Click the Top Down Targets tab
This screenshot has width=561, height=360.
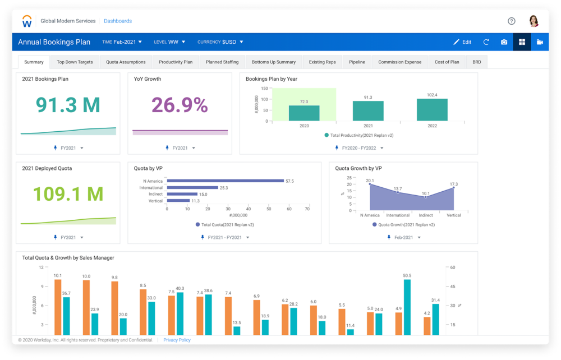tap(75, 62)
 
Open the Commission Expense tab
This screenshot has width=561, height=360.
tap(399, 62)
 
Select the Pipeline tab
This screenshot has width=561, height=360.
tap(357, 62)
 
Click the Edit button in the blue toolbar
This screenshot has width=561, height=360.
tap(462, 42)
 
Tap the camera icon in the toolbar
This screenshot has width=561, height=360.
tap(504, 42)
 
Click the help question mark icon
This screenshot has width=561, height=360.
tap(511, 21)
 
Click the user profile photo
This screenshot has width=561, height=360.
tap(534, 21)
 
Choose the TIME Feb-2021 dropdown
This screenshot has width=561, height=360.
tap(122, 42)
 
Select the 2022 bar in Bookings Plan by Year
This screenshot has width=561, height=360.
tap(432, 110)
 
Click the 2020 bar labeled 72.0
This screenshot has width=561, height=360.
tap(304, 113)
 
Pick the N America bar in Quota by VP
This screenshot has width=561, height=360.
tap(225, 181)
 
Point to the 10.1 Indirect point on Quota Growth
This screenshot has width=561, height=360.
tap(426, 197)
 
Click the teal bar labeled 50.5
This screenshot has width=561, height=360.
tap(407, 307)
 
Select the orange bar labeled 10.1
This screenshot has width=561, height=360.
tap(58, 307)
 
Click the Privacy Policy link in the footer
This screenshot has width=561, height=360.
tap(177, 340)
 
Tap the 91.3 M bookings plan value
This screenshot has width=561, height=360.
tap(67, 105)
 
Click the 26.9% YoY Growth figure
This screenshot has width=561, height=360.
tap(180, 105)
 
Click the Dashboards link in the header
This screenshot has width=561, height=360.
tap(118, 21)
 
